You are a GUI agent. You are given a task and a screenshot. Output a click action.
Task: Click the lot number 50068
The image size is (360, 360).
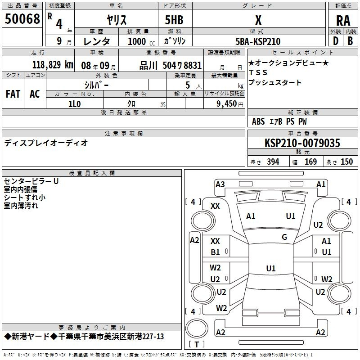click(22, 18)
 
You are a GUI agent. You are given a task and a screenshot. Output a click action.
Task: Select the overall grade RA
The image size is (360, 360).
click(343, 21)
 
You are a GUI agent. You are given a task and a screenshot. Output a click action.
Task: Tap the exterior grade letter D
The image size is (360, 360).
click(335, 41)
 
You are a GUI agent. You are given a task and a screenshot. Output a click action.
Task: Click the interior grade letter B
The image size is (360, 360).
click(350, 41)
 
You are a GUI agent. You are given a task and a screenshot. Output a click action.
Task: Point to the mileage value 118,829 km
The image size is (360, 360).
click(53, 65)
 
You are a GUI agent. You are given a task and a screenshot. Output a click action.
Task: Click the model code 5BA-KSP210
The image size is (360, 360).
click(258, 41)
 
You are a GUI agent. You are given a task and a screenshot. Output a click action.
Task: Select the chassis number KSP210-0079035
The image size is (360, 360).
click(302, 143)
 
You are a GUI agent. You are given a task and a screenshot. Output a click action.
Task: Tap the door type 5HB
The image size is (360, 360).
click(174, 20)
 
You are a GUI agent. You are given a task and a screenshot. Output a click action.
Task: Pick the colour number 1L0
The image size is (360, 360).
click(74, 104)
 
